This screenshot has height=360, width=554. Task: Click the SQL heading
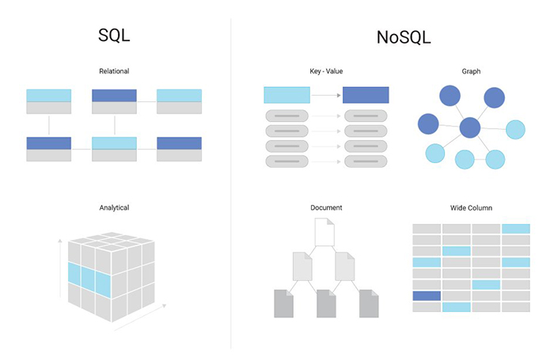coord(115,36)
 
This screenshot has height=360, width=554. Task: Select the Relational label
coord(115,71)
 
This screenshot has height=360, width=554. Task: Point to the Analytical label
coord(115,208)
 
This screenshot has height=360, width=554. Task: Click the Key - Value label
coord(326,71)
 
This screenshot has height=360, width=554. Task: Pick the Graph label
coord(471,71)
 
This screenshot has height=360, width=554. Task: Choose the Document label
coord(326,208)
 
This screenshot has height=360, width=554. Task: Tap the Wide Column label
coord(471,208)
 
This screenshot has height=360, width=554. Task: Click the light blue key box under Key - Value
coord(286,95)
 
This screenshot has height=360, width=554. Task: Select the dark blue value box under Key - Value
coord(366,95)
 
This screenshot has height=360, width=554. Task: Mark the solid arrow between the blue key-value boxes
coord(325,95)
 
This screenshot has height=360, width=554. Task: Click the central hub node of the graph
coord(470,127)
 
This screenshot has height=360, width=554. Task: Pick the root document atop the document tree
coord(325,232)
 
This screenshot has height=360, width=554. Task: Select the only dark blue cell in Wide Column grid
coord(427,295)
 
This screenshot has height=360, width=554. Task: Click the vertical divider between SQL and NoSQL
coord(231,182)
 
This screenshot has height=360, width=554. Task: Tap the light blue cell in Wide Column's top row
coord(515,229)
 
